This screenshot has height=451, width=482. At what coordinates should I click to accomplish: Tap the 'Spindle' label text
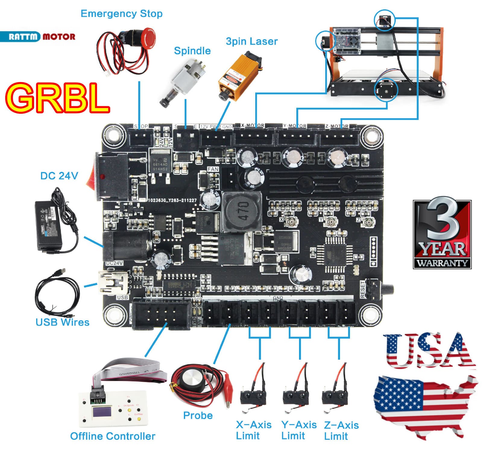pyautogui.click(x=192, y=51)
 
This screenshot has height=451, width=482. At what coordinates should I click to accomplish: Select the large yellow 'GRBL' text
pyautogui.click(x=57, y=98)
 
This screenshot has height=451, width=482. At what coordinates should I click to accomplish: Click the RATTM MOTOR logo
pyautogui.click(x=38, y=37)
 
